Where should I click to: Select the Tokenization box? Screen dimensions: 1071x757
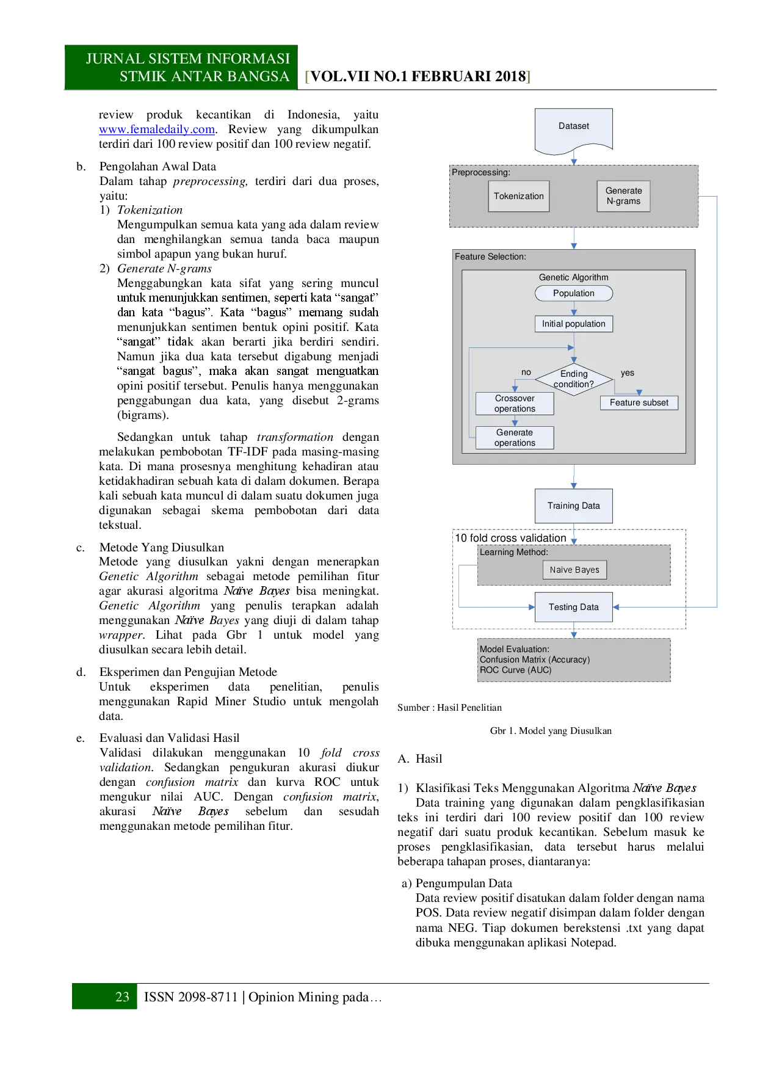tap(518, 196)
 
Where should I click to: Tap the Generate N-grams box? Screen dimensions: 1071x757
tap(623, 196)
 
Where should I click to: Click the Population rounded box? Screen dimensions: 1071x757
tap(573, 293)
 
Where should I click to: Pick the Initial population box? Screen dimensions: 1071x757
tap(573, 324)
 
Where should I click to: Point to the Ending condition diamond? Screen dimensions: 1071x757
tap(573, 379)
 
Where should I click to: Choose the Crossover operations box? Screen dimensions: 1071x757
tap(515, 404)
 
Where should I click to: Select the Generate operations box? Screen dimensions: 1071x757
tap(515, 438)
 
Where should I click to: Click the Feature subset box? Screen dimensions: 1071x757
tap(639, 402)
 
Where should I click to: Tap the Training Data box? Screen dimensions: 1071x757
tap(573, 506)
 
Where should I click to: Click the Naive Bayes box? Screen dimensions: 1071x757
tap(574, 570)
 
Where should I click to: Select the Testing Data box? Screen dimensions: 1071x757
tap(573, 607)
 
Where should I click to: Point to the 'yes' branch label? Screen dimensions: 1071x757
tap(628, 373)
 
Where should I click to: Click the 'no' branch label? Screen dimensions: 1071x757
tap(526, 372)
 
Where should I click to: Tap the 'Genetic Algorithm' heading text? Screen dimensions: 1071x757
tap(573, 277)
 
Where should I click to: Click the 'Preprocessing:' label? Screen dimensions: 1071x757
tap(481, 173)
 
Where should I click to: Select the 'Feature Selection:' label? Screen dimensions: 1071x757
tap(490, 257)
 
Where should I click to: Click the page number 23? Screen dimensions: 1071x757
tap(122, 997)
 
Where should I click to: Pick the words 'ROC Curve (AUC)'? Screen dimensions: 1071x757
tap(515, 670)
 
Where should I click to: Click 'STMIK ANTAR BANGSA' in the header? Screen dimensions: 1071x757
tap(204, 76)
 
